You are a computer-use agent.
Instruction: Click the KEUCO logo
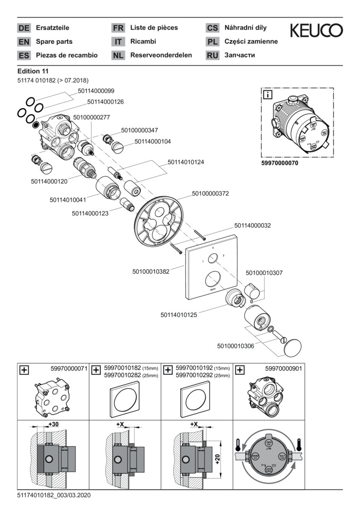[316, 31]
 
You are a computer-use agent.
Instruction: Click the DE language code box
[24, 28]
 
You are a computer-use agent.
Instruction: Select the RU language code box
[212, 55]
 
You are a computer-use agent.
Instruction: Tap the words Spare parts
[54, 42]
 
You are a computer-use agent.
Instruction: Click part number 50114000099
[92, 91]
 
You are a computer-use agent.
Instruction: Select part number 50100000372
[210, 193]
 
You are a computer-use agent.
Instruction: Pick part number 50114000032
[252, 226]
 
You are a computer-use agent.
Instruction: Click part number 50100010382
[151, 272]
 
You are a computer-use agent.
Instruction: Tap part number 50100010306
[235, 346]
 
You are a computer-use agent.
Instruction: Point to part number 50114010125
[179, 314]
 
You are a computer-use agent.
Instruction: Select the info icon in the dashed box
[268, 94]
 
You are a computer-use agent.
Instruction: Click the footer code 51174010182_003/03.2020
[54, 495]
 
